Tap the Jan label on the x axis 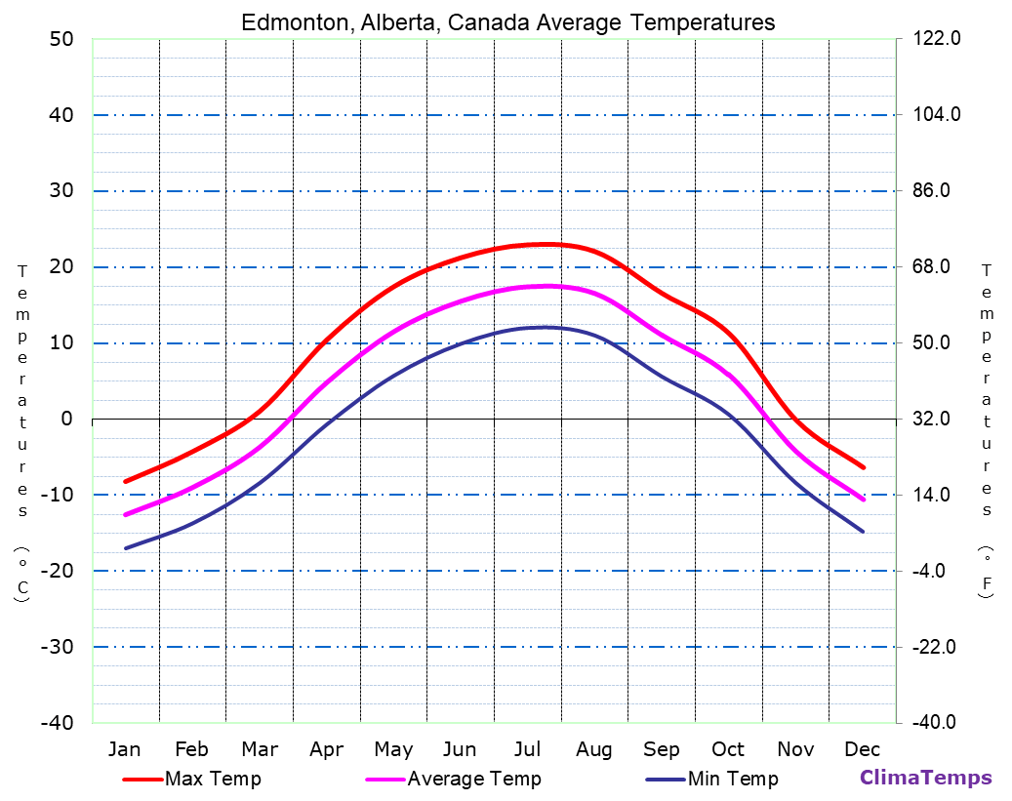(x=124, y=749)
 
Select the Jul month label (x=527, y=749)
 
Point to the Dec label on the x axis (x=863, y=749)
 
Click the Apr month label (x=326, y=749)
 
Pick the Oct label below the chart (x=728, y=749)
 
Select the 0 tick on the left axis (x=67, y=419)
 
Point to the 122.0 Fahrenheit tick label (x=938, y=39)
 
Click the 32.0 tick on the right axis (x=938, y=419)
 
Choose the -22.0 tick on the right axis (x=938, y=647)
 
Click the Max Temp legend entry (x=213, y=779)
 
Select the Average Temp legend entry (x=473, y=779)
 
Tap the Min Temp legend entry (x=733, y=779)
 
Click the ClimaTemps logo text (x=925, y=778)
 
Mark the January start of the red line (x=125, y=481)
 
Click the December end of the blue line (x=863, y=532)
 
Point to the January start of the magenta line (x=125, y=514)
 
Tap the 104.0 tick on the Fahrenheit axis (x=938, y=115)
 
